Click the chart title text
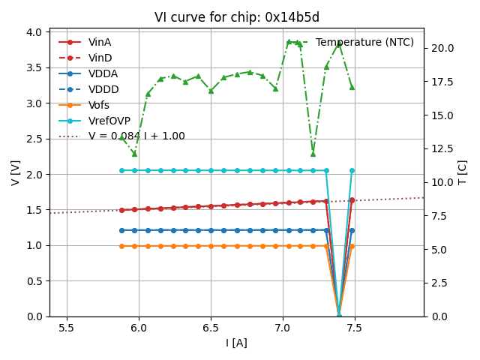pos(237,17)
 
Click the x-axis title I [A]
pos(237,343)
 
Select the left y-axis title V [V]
pos(16,173)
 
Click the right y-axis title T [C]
pos(463,173)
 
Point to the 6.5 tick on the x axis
pos(211,328)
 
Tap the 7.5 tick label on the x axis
pos(354,328)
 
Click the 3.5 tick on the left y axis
pos(34,67)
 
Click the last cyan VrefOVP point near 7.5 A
pos(352,170)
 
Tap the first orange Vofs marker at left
pos(121,246)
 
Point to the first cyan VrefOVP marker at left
pos(121,170)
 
